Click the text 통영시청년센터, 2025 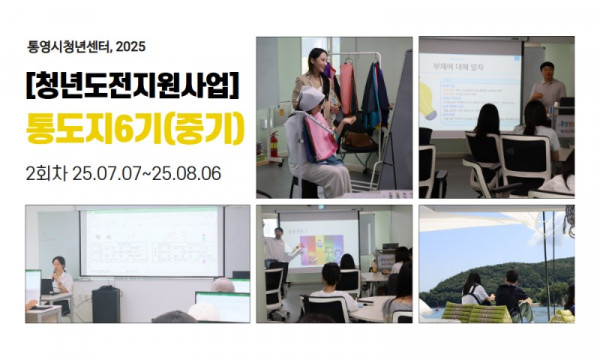(89, 45)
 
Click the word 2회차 (46, 172)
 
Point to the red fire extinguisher (273, 146)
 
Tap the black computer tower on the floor (106, 303)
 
